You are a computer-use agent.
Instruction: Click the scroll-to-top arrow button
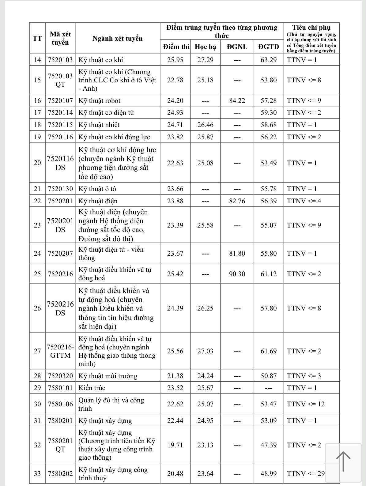(343, 461)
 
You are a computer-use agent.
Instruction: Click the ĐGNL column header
(237, 47)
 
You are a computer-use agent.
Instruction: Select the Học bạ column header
(205, 47)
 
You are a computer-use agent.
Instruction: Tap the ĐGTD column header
(269, 47)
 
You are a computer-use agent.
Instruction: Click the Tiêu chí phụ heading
(311, 28)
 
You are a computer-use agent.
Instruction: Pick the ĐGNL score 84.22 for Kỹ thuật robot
(237, 100)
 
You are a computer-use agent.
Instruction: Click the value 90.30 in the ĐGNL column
(237, 274)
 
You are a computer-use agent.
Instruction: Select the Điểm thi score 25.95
(175, 60)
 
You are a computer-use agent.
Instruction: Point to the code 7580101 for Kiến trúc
(60, 388)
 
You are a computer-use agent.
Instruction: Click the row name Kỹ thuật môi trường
(108, 376)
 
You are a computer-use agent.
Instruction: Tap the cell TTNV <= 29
(306, 473)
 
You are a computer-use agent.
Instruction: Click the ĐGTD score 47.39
(269, 445)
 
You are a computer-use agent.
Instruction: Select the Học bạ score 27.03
(205, 351)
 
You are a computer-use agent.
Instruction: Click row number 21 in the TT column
(37, 189)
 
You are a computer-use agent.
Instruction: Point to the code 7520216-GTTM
(60, 351)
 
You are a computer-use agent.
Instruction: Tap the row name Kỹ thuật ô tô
(97, 189)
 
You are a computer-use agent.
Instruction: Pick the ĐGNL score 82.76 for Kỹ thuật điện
(237, 201)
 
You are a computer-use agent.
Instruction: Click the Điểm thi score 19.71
(175, 445)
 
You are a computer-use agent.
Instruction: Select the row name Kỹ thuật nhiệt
(99, 125)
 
